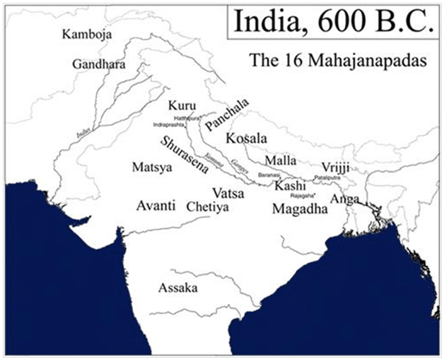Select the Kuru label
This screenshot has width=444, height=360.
pos(181,106)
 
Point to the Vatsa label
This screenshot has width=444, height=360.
pos(228,192)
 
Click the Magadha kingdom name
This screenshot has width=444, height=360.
pos(300,209)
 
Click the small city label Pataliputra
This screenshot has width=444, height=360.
pos(328,178)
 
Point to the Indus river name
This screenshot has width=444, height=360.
pos(84,132)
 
